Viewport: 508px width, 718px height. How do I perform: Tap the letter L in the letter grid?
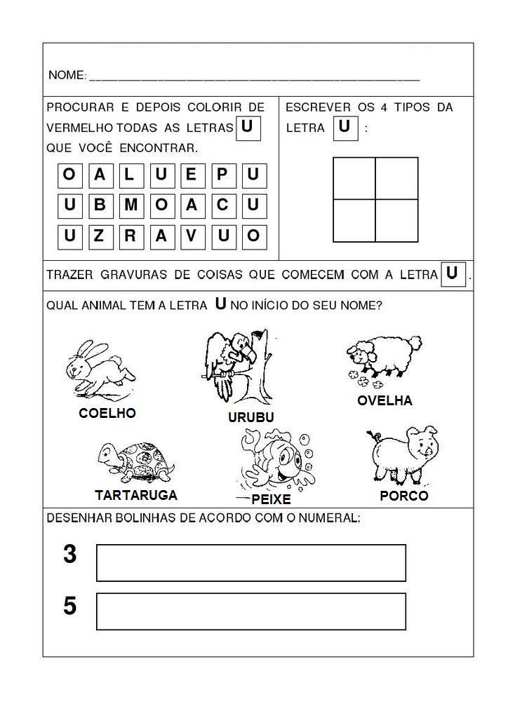[x=130, y=174]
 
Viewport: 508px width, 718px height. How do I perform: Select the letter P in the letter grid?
[x=222, y=174]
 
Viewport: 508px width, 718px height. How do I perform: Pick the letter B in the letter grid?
[x=99, y=205]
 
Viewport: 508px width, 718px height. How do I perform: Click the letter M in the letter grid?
[x=130, y=205]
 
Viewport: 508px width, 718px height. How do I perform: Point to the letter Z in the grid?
[x=99, y=236]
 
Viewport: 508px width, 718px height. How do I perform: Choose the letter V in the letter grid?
[x=192, y=236]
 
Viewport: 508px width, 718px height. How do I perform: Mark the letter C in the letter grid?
[x=222, y=205]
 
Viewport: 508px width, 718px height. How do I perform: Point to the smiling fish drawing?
[x=274, y=459]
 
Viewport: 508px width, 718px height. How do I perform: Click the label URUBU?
[x=250, y=417]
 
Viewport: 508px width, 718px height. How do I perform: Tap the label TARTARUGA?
[x=136, y=495]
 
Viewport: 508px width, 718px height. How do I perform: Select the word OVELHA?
[x=385, y=400]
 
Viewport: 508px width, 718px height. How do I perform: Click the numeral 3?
[x=69, y=555]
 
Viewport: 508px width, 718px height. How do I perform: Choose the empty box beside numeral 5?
[x=250, y=611]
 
